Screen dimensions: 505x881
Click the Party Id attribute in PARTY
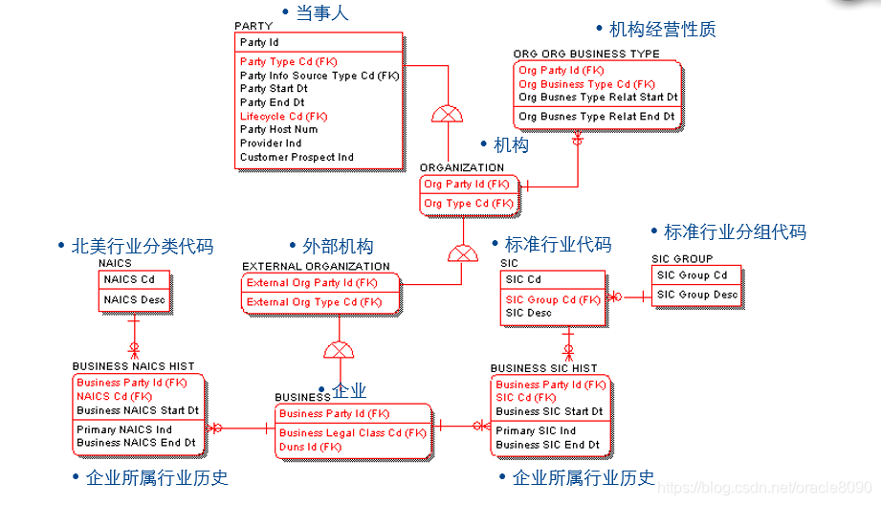[259, 42]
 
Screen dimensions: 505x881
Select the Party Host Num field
[278, 129]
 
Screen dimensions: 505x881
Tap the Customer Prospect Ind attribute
[297, 157]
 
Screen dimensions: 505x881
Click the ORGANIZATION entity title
[461, 167]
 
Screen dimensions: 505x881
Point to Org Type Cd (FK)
[468, 203]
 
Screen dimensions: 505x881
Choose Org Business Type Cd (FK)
[586, 84]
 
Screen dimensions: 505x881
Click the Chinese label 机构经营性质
[662, 30]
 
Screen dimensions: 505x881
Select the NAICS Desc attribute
[134, 300]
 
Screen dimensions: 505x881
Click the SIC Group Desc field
[696, 295]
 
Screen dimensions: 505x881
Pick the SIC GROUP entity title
[682, 259]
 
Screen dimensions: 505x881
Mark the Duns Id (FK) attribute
[310, 447]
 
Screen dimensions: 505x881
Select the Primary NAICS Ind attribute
[124, 429]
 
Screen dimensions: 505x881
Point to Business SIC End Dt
[548, 445]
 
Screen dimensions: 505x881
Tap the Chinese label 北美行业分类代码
[143, 247]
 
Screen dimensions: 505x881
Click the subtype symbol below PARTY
[447, 114]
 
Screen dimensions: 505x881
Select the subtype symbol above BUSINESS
[339, 350]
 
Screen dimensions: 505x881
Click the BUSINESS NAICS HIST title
[133, 366]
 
